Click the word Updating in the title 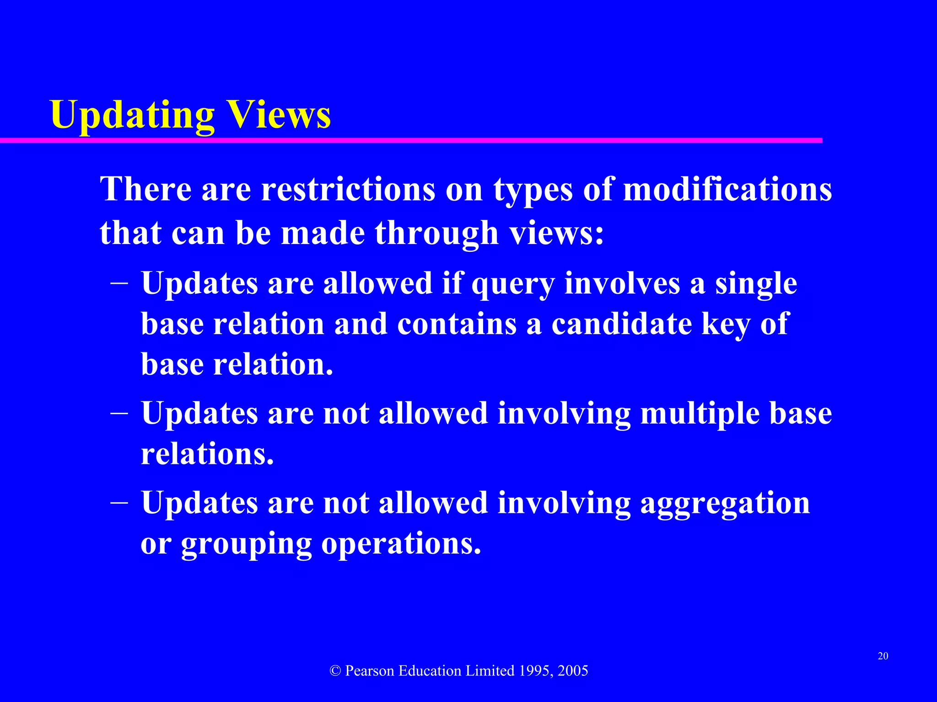pyautogui.click(x=132, y=115)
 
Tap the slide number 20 pyautogui.click(x=883, y=656)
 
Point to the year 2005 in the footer pyautogui.click(x=573, y=671)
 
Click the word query pyautogui.click(x=513, y=284)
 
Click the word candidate pyautogui.click(x=621, y=324)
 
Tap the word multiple pyautogui.click(x=700, y=414)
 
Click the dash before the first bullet pyautogui.click(x=119, y=283)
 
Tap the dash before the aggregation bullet pyautogui.click(x=119, y=502)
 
